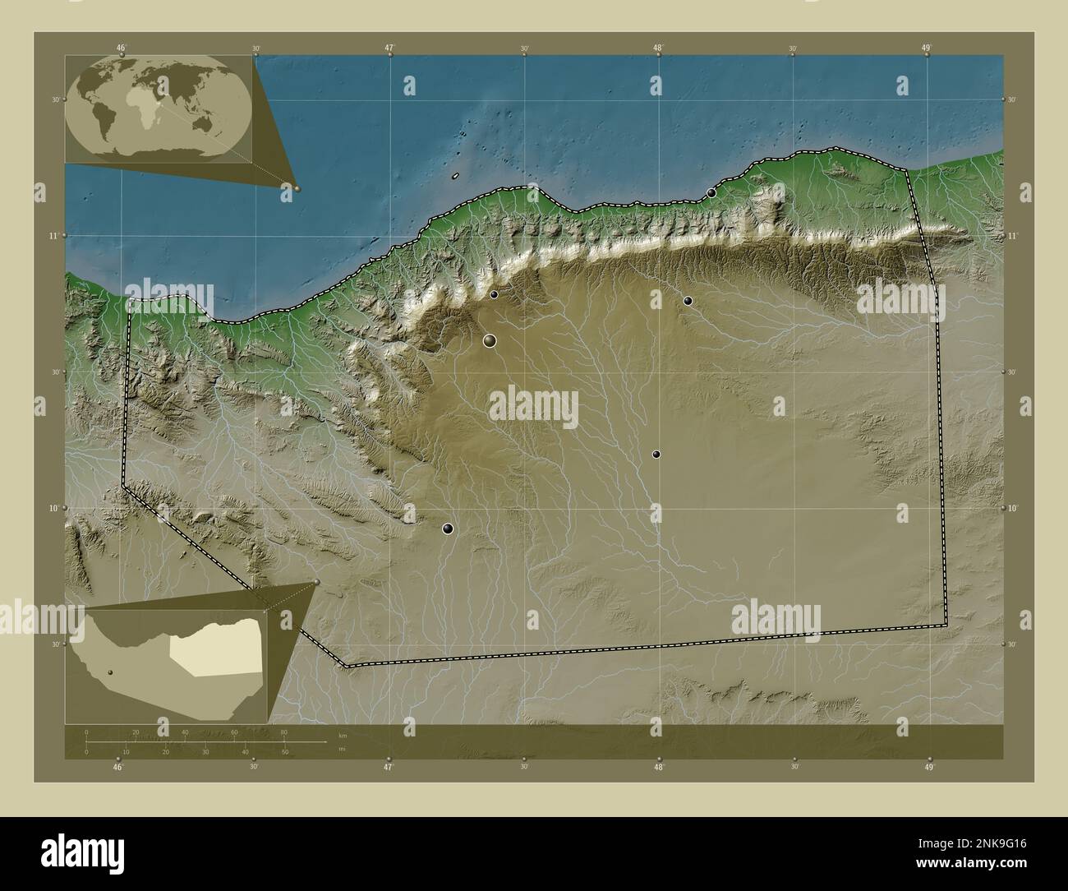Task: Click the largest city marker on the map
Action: click(490, 340)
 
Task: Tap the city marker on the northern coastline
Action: click(711, 192)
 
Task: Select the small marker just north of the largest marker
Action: click(494, 294)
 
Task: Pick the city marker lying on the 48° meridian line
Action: click(656, 454)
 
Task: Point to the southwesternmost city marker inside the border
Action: click(447, 529)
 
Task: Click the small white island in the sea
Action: click(454, 176)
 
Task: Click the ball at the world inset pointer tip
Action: click(297, 188)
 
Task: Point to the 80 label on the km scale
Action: click(283, 732)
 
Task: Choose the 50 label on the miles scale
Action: click(285, 751)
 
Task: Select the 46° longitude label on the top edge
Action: click(121, 48)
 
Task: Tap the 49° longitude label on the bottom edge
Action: click(929, 767)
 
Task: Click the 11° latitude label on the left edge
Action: click(53, 236)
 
